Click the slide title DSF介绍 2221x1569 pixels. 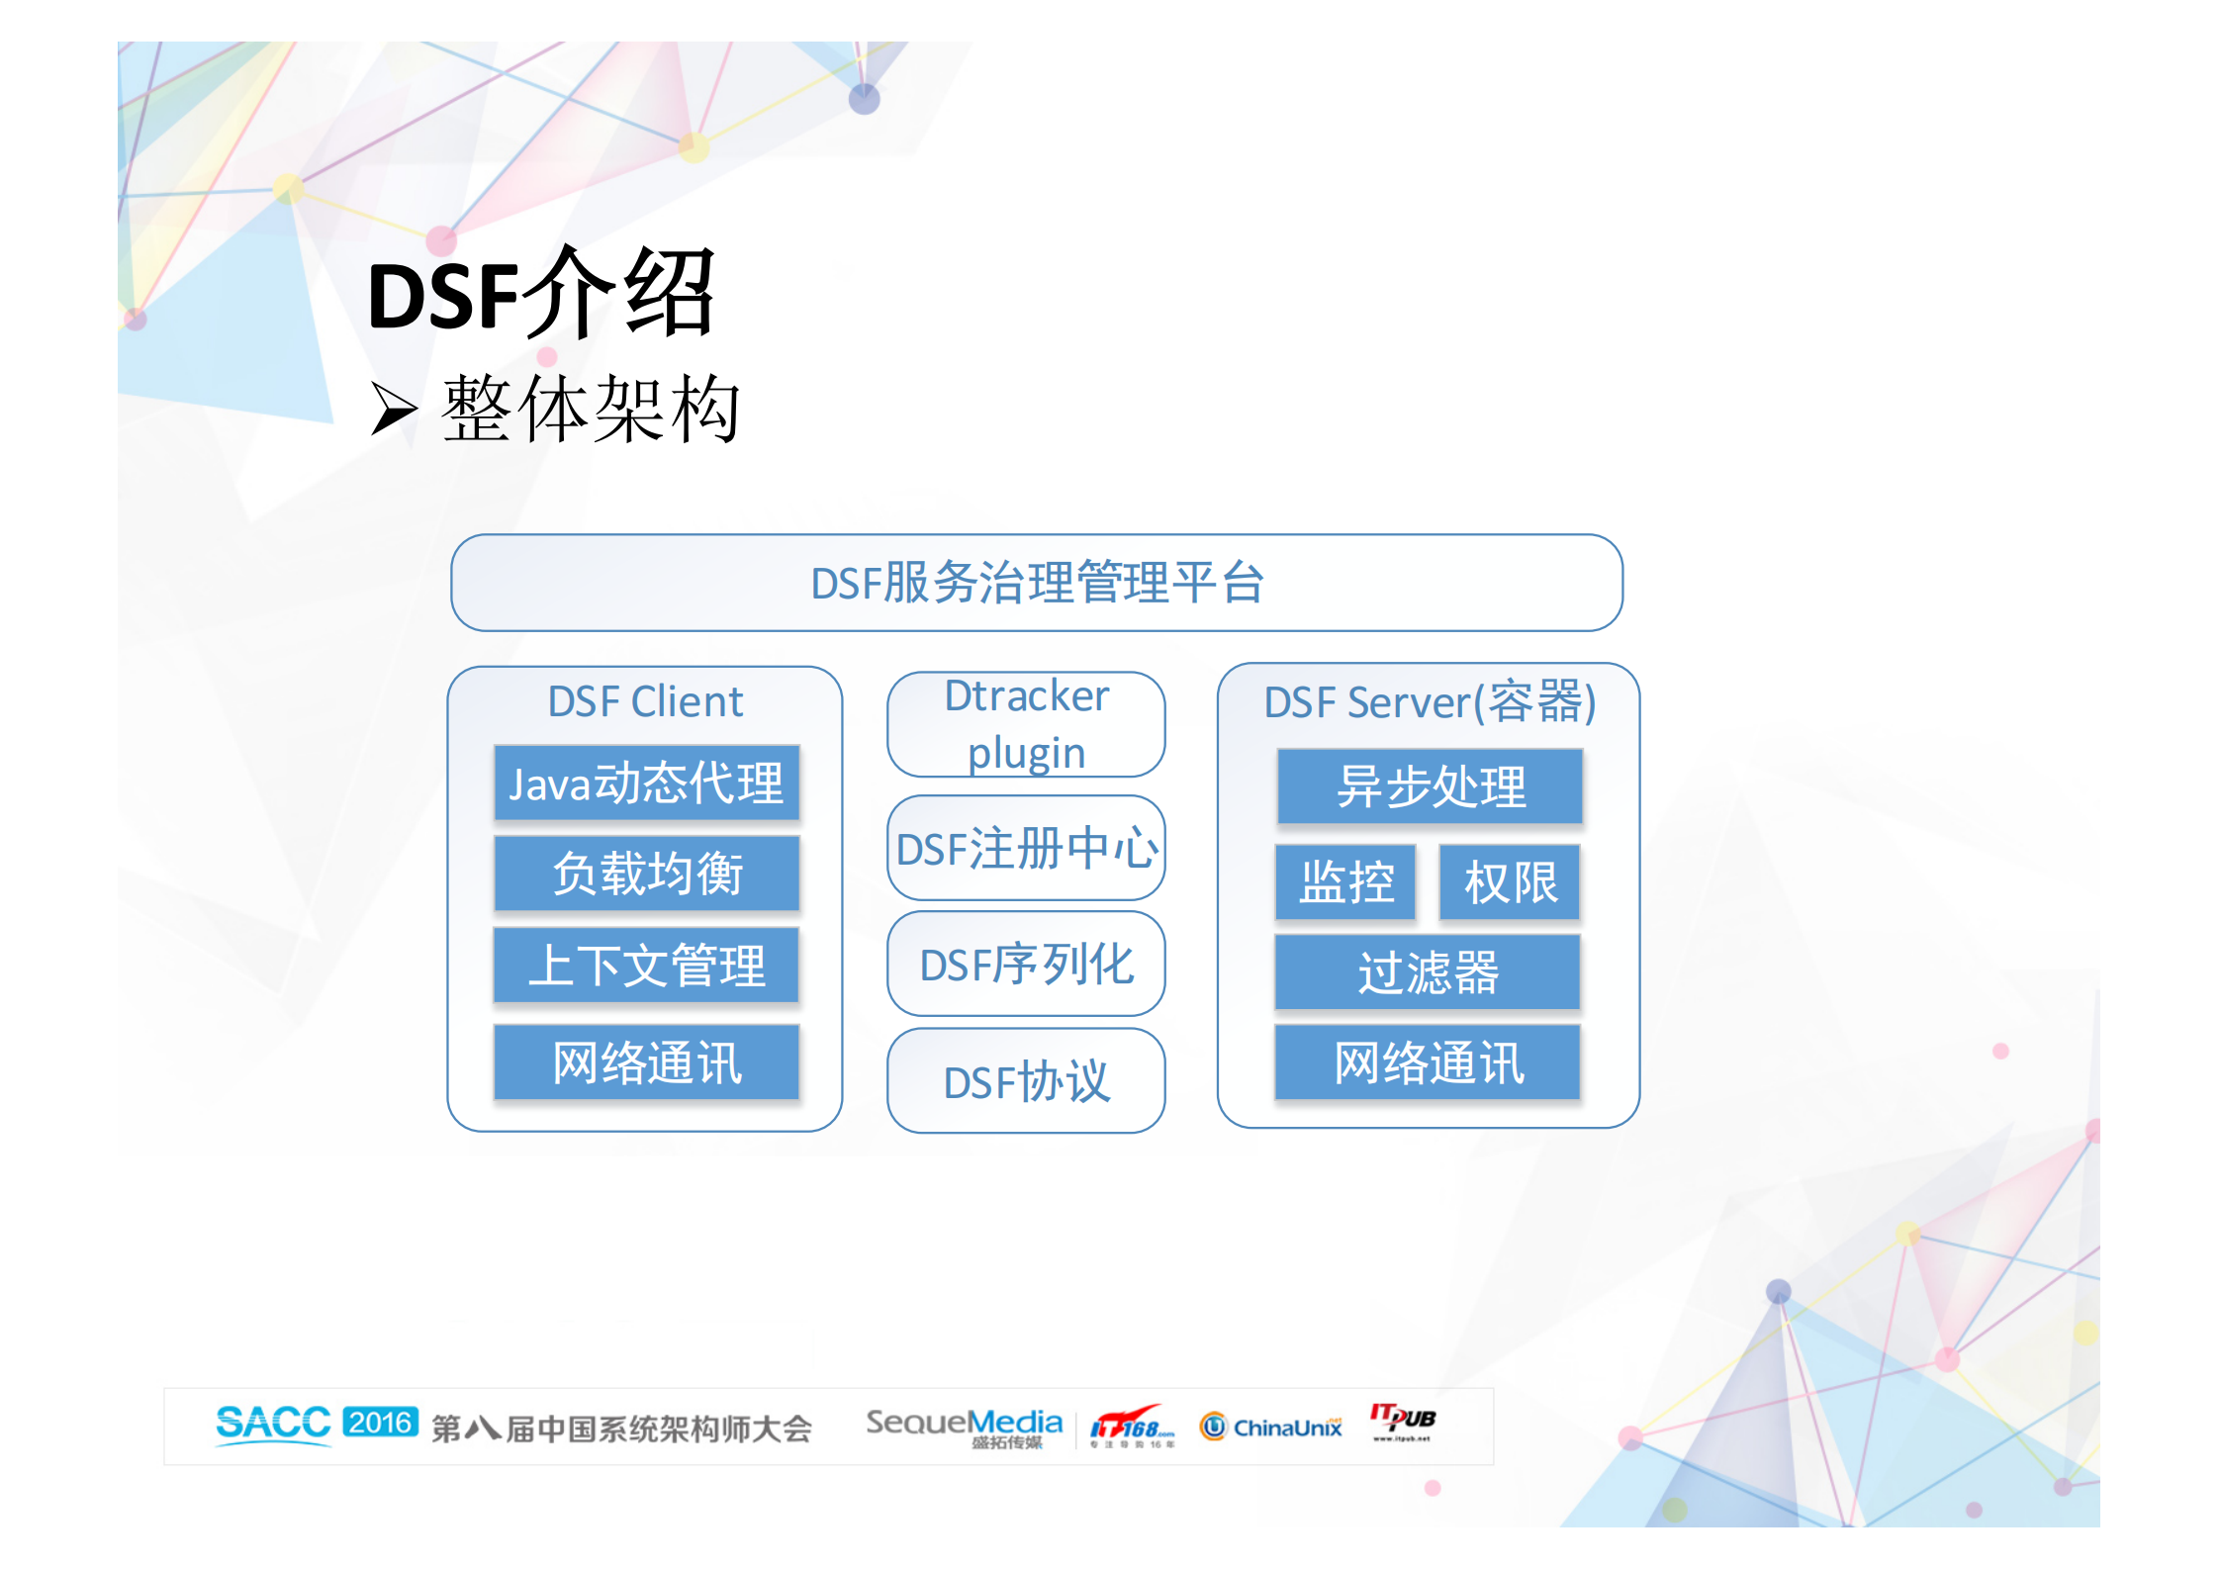[540, 294]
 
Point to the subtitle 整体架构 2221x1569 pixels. [591, 410]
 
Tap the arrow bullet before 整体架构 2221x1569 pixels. [393, 410]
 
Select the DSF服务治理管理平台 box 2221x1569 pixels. [1036, 583]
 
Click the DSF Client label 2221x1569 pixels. [645, 702]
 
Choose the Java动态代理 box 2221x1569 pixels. [646, 784]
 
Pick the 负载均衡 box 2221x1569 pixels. [646, 874]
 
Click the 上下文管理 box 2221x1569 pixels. [646, 966]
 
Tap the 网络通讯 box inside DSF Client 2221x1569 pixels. [646, 1062]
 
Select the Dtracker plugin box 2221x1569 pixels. [1026, 724]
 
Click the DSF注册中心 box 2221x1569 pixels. [1026, 848]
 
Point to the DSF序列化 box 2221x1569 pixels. [1026, 965]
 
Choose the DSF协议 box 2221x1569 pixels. [1026, 1081]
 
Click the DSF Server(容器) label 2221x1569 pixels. [1430, 702]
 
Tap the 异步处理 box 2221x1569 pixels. [1430, 786]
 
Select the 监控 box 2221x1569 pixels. [1345, 882]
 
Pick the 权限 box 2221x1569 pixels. [1510, 882]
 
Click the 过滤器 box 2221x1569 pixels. [1428, 972]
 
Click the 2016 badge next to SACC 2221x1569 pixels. [381, 1423]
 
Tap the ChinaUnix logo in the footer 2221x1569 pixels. [1271, 1427]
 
